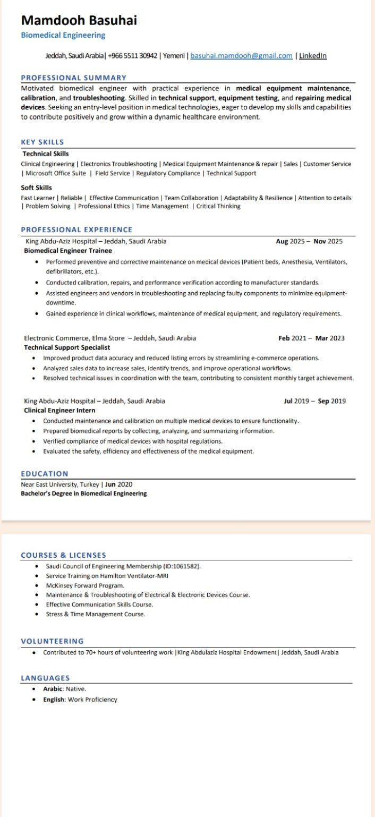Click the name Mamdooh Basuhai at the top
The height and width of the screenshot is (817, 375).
79,21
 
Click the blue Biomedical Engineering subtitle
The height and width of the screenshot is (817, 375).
63,36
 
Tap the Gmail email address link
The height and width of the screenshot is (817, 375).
241,56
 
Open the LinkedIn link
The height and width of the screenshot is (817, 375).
313,56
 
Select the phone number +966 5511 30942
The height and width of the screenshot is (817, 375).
132,56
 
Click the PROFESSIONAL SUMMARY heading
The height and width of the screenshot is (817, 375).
74,78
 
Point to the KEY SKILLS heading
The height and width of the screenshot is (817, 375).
42,142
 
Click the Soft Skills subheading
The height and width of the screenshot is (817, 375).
37,188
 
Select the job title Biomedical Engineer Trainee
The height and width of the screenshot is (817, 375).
68,251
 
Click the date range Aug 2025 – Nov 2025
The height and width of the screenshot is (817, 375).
309,241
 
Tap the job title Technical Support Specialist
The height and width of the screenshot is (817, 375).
67,347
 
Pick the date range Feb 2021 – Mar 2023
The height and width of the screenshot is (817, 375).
311,338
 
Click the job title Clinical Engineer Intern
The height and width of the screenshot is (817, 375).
59,411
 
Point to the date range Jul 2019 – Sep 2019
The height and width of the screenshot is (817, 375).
314,401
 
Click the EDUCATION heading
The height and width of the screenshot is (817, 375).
45,474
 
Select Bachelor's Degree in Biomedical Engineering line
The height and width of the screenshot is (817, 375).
84,493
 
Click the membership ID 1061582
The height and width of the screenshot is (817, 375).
186,566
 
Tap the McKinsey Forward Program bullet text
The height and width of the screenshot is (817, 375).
85,585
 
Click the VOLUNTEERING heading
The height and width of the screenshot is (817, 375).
52,641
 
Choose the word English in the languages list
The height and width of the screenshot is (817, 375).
54,700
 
